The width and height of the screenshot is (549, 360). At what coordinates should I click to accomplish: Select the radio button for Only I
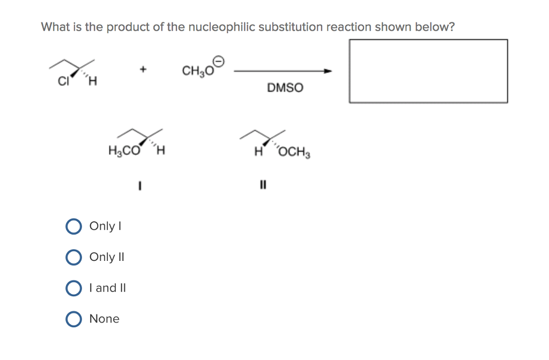[73, 226]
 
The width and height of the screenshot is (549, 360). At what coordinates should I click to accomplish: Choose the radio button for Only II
[73, 257]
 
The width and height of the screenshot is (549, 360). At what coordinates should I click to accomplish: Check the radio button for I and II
[73, 288]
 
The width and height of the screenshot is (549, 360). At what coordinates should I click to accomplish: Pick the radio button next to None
[73, 319]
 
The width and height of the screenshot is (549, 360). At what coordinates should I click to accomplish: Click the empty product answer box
[428, 71]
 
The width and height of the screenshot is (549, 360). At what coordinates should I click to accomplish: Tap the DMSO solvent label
[285, 88]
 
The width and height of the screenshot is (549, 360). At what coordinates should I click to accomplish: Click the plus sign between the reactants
[143, 70]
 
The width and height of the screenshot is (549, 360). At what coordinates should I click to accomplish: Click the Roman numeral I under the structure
[139, 186]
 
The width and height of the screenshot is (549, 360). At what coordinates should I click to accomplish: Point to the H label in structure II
[258, 152]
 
